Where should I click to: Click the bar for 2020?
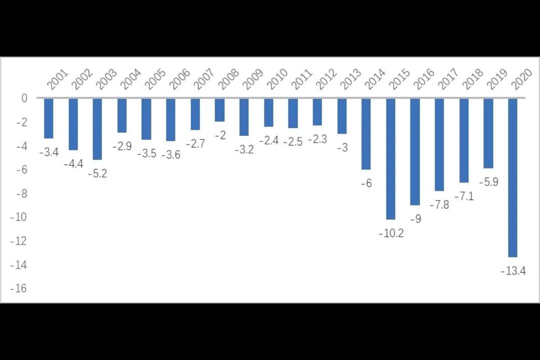[512, 177]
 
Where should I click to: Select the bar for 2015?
[390, 159]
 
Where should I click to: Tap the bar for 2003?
[97, 129]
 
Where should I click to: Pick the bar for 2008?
[219, 110]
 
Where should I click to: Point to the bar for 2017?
[439, 144]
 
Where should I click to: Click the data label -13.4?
[513, 271]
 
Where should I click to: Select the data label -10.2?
[391, 233]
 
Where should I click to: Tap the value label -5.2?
[97, 173]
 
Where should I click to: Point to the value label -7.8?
[439, 204]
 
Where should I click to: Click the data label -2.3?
[317, 139]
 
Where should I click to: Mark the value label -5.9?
[488, 182]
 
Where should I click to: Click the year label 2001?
[57, 79]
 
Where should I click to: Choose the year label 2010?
[277, 79]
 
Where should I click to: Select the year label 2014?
[375, 79]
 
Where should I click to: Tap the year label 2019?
[497, 79]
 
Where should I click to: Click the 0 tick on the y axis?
[24, 98]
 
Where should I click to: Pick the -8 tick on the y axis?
[20, 193]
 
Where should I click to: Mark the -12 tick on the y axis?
[18, 241]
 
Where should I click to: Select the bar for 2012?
[317, 112]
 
